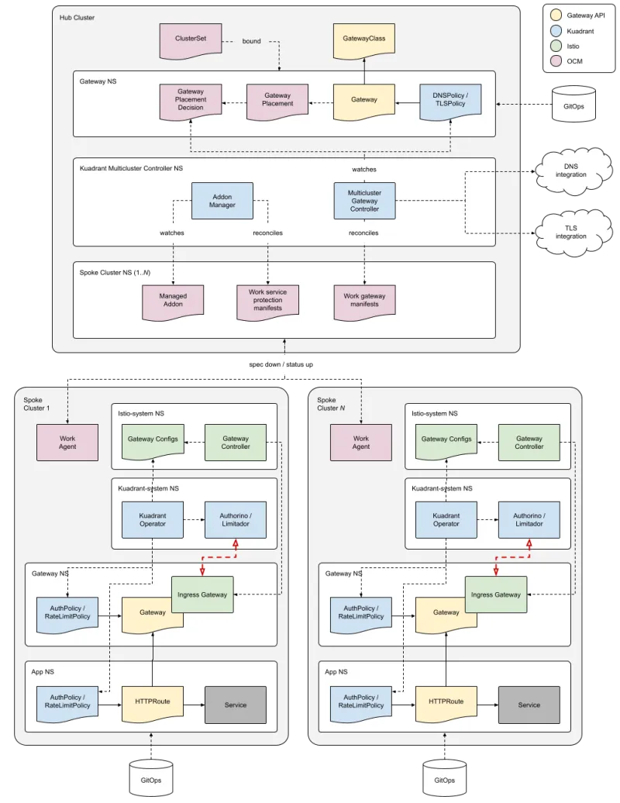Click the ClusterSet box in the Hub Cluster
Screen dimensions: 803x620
[x=189, y=40]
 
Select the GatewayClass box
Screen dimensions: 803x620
[x=364, y=40]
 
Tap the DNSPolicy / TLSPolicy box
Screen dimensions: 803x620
[x=450, y=100]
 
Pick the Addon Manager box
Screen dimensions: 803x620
[x=222, y=201]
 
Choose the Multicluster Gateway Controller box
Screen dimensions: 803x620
[x=364, y=199]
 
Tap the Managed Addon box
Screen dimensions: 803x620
[x=173, y=300]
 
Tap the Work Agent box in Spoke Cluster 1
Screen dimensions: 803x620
[x=67, y=442]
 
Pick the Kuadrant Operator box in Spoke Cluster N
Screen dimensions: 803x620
[x=446, y=519]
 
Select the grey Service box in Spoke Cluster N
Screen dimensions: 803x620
[x=529, y=705]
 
